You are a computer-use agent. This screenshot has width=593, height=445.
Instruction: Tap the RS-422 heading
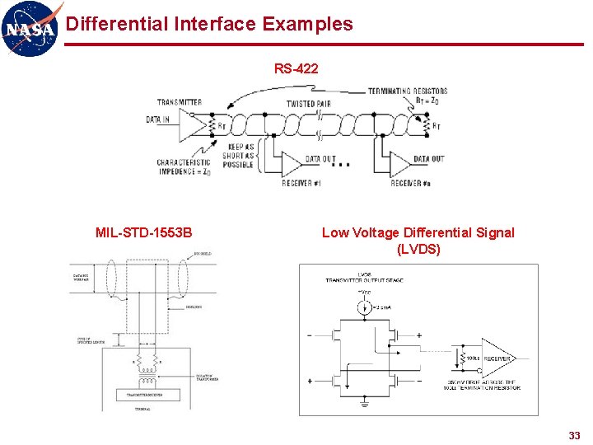pyautogui.click(x=296, y=69)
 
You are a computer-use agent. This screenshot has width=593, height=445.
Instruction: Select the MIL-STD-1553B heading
pyautogui.click(x=143, y=232)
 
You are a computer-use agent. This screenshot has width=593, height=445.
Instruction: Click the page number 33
pyautogui.click(x=574, y=435)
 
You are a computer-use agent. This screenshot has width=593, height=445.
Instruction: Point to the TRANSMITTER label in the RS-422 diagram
pyautogui.click(x=180, y=103)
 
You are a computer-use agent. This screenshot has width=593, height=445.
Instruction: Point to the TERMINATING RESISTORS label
pyautogui.click(x=408, y=91)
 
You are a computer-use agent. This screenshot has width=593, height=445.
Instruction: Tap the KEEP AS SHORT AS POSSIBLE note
pyautogui.click(x=238, y=156)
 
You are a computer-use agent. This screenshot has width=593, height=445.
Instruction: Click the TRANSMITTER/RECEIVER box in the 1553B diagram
pyautogui.click(x=144, y=395)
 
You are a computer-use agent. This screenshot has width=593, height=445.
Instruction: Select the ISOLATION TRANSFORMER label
pyautogui.click(x=210, y=378)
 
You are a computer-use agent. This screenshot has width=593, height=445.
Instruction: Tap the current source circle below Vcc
pyautogui.click(x=362, y=307)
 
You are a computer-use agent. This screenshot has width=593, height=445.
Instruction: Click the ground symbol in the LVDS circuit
pyautogui.click(x=363, y=404)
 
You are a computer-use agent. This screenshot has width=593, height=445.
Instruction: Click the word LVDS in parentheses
pyautogui.click(x=418, y=249)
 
